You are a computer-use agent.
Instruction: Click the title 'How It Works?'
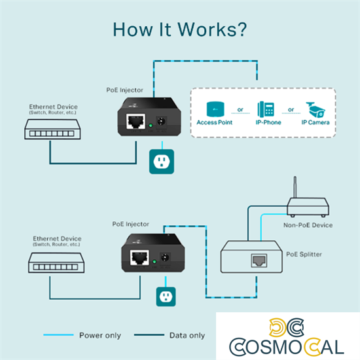179,29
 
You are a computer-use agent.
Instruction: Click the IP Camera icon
315,109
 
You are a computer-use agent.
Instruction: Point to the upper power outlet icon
158,161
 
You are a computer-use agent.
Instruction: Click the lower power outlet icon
165,297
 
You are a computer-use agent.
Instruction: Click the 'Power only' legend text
100,336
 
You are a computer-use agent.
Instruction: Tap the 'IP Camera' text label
315,122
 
